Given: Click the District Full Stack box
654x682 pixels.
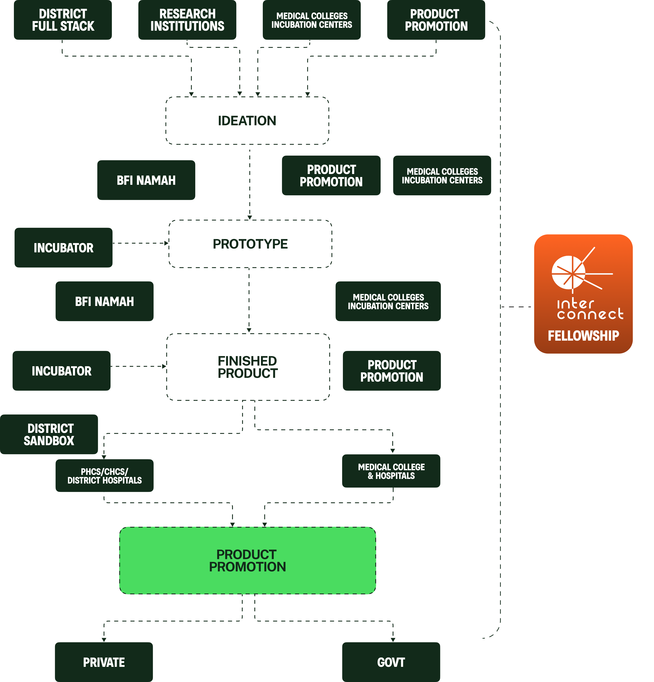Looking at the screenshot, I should (x=63, y=20).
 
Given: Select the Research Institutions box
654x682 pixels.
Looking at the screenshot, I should (x=187, y=20).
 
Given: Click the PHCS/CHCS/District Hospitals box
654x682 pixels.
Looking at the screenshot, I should (x=104, y=476).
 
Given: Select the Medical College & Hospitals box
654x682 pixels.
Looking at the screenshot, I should (x=391, y=471).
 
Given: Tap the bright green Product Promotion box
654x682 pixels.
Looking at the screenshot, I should (x=247, y=561).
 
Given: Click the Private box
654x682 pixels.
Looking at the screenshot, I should (x=104, y=662).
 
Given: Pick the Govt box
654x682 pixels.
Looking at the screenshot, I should (x=391, y=662).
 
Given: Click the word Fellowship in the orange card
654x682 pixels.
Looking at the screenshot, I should (x=583, y=336).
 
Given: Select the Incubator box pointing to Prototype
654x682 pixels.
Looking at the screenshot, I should (x=63, y=248).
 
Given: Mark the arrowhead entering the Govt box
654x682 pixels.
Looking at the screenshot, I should (x=393, y=640).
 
